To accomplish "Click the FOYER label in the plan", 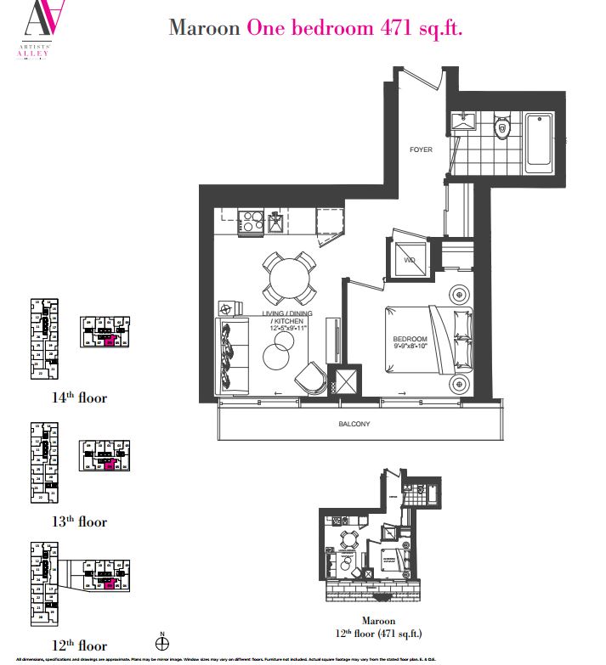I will coord(421,149).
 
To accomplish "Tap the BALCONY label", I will coord(354,424).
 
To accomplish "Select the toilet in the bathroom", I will coord(501,129).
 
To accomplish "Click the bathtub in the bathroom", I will coord(541,140).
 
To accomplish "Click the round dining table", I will coord(286,276).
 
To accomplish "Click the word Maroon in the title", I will coord(204,27).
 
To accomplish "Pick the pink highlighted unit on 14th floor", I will coord(108,339).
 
